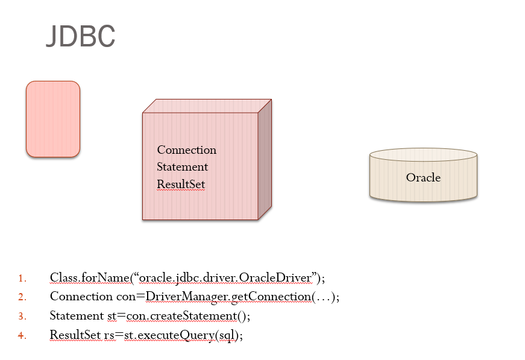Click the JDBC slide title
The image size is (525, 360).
[x=80, y=37]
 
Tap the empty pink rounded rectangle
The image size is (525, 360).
[x=53, y=119]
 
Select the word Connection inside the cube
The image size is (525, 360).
[x=186, y=150]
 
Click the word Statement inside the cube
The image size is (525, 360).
[x=182, y=166]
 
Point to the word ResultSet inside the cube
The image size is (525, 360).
[x=181, y=183]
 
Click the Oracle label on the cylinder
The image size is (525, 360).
[x=423, y=177]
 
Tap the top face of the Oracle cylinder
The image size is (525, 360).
[x=423, y=154]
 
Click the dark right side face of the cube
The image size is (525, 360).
[x=265, y=160]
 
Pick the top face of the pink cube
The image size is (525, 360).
[x=206, y=106]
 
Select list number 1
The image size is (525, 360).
[x=22, y=278]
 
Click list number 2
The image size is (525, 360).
[x=22, y=297]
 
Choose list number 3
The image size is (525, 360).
[x=22, y=316]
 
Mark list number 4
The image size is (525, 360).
[x=22, y=335]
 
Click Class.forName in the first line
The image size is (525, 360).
[x=89, y=277]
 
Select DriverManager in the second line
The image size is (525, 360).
[x=181, y=297]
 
